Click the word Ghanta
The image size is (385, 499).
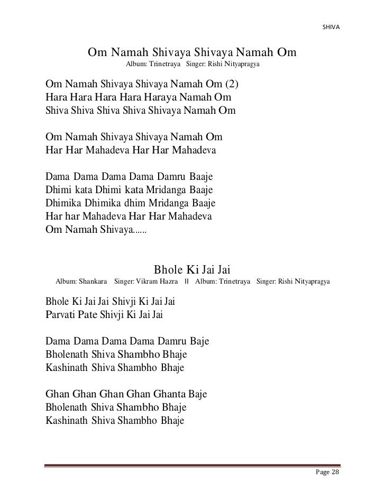[171, 394]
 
